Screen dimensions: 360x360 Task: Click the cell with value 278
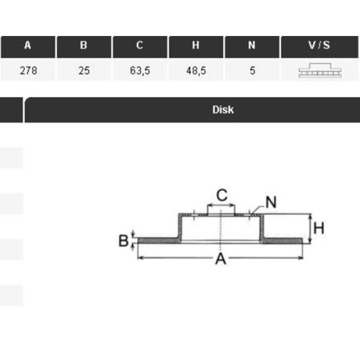pos(28,70)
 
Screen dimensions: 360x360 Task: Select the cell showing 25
pos(83,70)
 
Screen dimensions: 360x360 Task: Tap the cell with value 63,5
pos(140,70)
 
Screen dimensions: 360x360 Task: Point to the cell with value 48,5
pos(196,70)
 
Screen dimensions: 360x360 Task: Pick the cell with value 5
pos(252,70)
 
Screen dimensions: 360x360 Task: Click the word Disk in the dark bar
pos(223,110)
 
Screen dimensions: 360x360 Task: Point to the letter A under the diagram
pos(221,259)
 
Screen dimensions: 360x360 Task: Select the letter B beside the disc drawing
pos(123,241)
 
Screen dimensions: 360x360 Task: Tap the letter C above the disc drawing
pos(221,195)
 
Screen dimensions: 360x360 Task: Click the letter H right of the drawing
pos(319,228)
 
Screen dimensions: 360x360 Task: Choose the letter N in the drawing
pos(271,202)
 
